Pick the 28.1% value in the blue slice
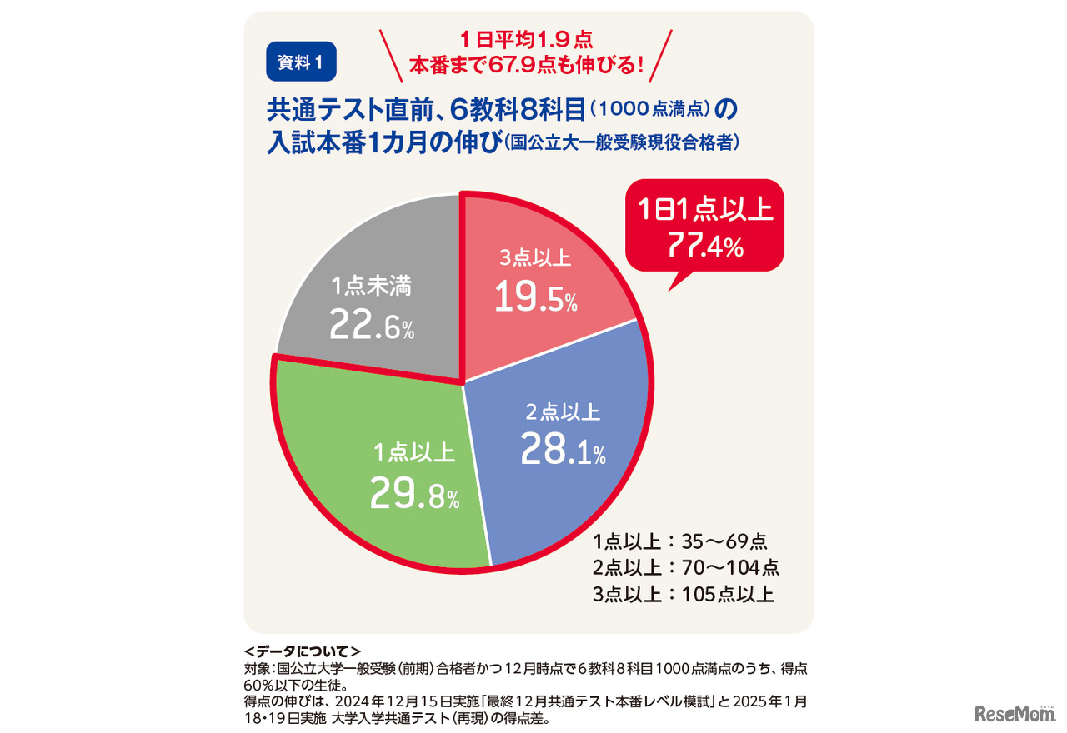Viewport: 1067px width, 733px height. tap(563, 450)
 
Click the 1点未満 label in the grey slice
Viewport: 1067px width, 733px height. tap(371, 287)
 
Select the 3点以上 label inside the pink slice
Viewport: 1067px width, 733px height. tap(535, 257)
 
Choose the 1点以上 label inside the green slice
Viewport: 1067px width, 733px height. tap(414, 453)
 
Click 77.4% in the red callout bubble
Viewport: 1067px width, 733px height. tap(704, 244)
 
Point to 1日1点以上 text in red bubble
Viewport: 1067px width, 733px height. tap(704, 208)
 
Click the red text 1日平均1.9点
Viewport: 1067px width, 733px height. tap(526, 39)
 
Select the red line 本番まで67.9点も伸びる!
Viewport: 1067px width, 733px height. tap(526, 63)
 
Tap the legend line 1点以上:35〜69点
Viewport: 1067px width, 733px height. tap(680, 541)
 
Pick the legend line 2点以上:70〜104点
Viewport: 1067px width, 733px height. tap(686, 568)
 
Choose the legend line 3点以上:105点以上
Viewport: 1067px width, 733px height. tap(684, 595)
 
